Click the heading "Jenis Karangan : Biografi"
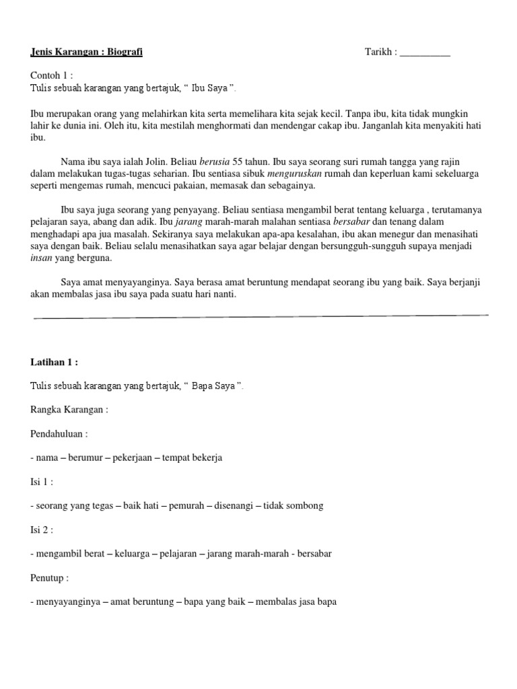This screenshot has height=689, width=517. [x=87, y=52]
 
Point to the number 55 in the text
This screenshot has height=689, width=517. [x=238, y=161]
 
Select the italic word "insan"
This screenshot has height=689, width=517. [x=41, y=258]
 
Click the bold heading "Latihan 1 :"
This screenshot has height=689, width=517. [x=55, y=362]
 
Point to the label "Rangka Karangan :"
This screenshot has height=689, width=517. [x=69, y=409]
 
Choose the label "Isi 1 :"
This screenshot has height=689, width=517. [x=42, y=482]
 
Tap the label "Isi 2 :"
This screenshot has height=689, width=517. [x=42, y=530]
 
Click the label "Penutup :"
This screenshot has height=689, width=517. [x=50, y=577]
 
